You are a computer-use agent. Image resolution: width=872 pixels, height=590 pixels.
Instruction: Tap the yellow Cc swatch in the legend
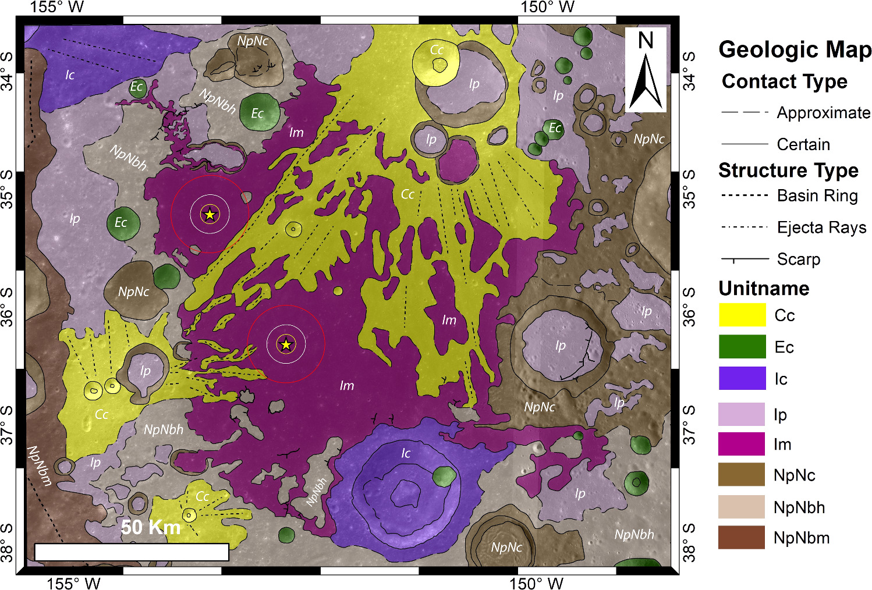coord(742,315)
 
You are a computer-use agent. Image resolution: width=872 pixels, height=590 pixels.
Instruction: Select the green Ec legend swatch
coord(742,347)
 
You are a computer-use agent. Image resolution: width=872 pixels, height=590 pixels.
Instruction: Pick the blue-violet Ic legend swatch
coord(742,378)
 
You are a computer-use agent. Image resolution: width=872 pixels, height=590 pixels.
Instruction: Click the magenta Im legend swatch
coord(742,444)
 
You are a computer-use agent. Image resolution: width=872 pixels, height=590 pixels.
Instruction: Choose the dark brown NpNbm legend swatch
coord(742,538)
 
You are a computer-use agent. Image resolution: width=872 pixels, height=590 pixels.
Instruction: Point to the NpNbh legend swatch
coord(742,507)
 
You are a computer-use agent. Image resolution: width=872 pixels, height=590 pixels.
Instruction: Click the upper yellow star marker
coord(210,215)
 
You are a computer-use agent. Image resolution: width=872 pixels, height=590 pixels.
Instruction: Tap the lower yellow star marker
coord(286,344)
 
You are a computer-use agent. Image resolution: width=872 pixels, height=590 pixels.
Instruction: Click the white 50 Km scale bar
coord(132,552)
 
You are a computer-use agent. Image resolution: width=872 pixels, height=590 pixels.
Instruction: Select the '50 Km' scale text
coord(151,527)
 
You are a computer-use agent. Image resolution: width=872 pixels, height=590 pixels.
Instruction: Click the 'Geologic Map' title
coord(795,49)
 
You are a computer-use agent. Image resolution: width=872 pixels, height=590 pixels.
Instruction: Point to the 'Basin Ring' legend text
coord(817,196)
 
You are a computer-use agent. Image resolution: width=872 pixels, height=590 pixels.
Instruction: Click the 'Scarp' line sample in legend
coord(745,259)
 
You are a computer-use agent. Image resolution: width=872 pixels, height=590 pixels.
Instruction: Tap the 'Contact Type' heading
coord(784,81)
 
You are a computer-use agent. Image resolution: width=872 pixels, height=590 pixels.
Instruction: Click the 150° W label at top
coord(547,7)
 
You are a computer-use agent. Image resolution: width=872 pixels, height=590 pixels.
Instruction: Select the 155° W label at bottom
coord(73,583)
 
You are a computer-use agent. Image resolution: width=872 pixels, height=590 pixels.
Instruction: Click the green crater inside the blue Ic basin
coord(444,476)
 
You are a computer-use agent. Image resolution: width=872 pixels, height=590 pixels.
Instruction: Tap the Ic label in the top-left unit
coord(70,75)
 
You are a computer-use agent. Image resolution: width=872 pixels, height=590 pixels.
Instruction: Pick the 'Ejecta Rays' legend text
coord(821,228)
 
